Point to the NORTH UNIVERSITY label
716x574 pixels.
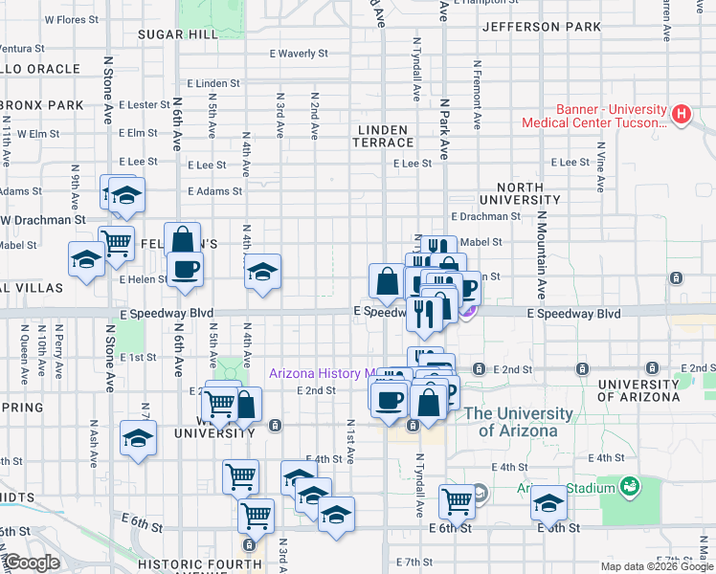coord(520,193)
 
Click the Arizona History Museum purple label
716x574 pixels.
coord(324,373)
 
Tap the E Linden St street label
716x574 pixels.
coord(213,83)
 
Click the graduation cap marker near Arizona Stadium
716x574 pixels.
coord(548,501)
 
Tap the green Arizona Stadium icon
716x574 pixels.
coord(629,488)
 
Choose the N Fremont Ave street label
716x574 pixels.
coord(476,96)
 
